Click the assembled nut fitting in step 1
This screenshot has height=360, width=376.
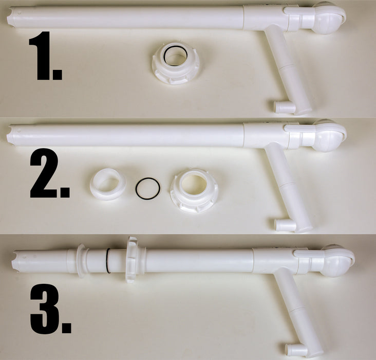click(x=176, y=63)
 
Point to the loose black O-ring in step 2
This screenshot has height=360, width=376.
click(x=148, y=188)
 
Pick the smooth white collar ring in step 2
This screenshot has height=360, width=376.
click(x=108, y=184)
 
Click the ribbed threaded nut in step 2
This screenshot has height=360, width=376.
click(x=194, y=191)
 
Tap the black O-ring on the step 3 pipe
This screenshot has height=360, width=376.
click(x=108, y=261)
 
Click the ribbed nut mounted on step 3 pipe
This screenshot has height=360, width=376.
click(x=131, y=259)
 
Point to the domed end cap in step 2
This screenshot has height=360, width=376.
click(x=329, y=136)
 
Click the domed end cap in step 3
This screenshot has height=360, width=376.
click(x=337, y=261)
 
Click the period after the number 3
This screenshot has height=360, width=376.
click(x=66, y=328)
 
